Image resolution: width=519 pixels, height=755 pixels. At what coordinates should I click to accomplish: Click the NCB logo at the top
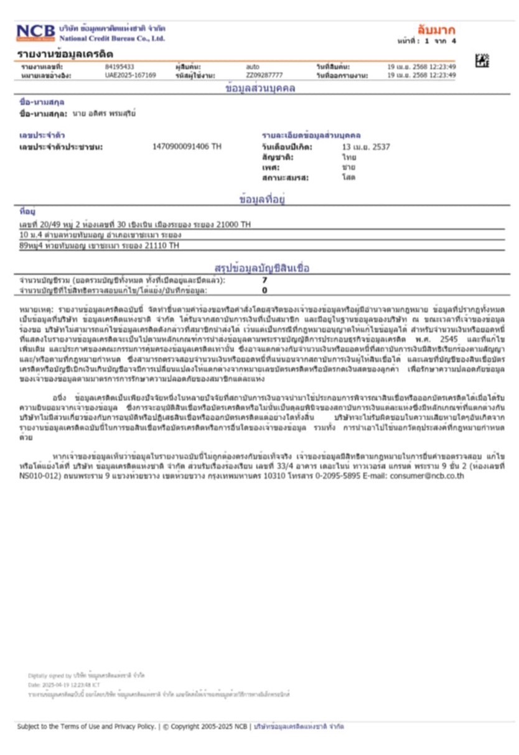point(35,32)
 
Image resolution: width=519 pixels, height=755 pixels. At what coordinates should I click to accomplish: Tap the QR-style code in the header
point(482,60)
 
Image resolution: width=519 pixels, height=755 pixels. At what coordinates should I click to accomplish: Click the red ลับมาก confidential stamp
point(436,30)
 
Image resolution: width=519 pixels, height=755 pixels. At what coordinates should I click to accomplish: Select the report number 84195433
point(119,67)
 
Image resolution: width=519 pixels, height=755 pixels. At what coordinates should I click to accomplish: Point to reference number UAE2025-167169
point(131,75)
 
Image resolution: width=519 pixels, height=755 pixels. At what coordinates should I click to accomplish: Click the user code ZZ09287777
point(264,75)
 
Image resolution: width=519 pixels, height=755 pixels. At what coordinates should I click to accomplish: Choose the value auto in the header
point(253,67)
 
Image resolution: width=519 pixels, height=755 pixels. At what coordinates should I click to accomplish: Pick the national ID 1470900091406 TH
point(187,147)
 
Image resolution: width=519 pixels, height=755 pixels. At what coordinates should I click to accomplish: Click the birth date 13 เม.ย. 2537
point(366,147)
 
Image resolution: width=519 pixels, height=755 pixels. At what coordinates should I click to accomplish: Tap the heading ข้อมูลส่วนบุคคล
point(260,88)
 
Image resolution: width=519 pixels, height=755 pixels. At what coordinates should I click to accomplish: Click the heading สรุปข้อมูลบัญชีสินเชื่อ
point(261,268)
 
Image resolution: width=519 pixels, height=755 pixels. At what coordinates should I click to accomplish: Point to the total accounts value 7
point(264,281)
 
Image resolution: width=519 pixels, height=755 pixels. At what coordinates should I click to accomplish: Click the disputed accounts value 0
point(264,290)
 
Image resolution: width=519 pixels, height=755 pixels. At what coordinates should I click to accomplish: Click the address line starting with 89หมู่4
point(99,246)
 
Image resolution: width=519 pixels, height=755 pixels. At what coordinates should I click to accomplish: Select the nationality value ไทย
point(349,157)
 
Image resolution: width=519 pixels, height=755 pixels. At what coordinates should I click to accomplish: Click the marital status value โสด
point(348,177)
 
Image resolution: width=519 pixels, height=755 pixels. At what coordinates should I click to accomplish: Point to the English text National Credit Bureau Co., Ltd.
point(112,39)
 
